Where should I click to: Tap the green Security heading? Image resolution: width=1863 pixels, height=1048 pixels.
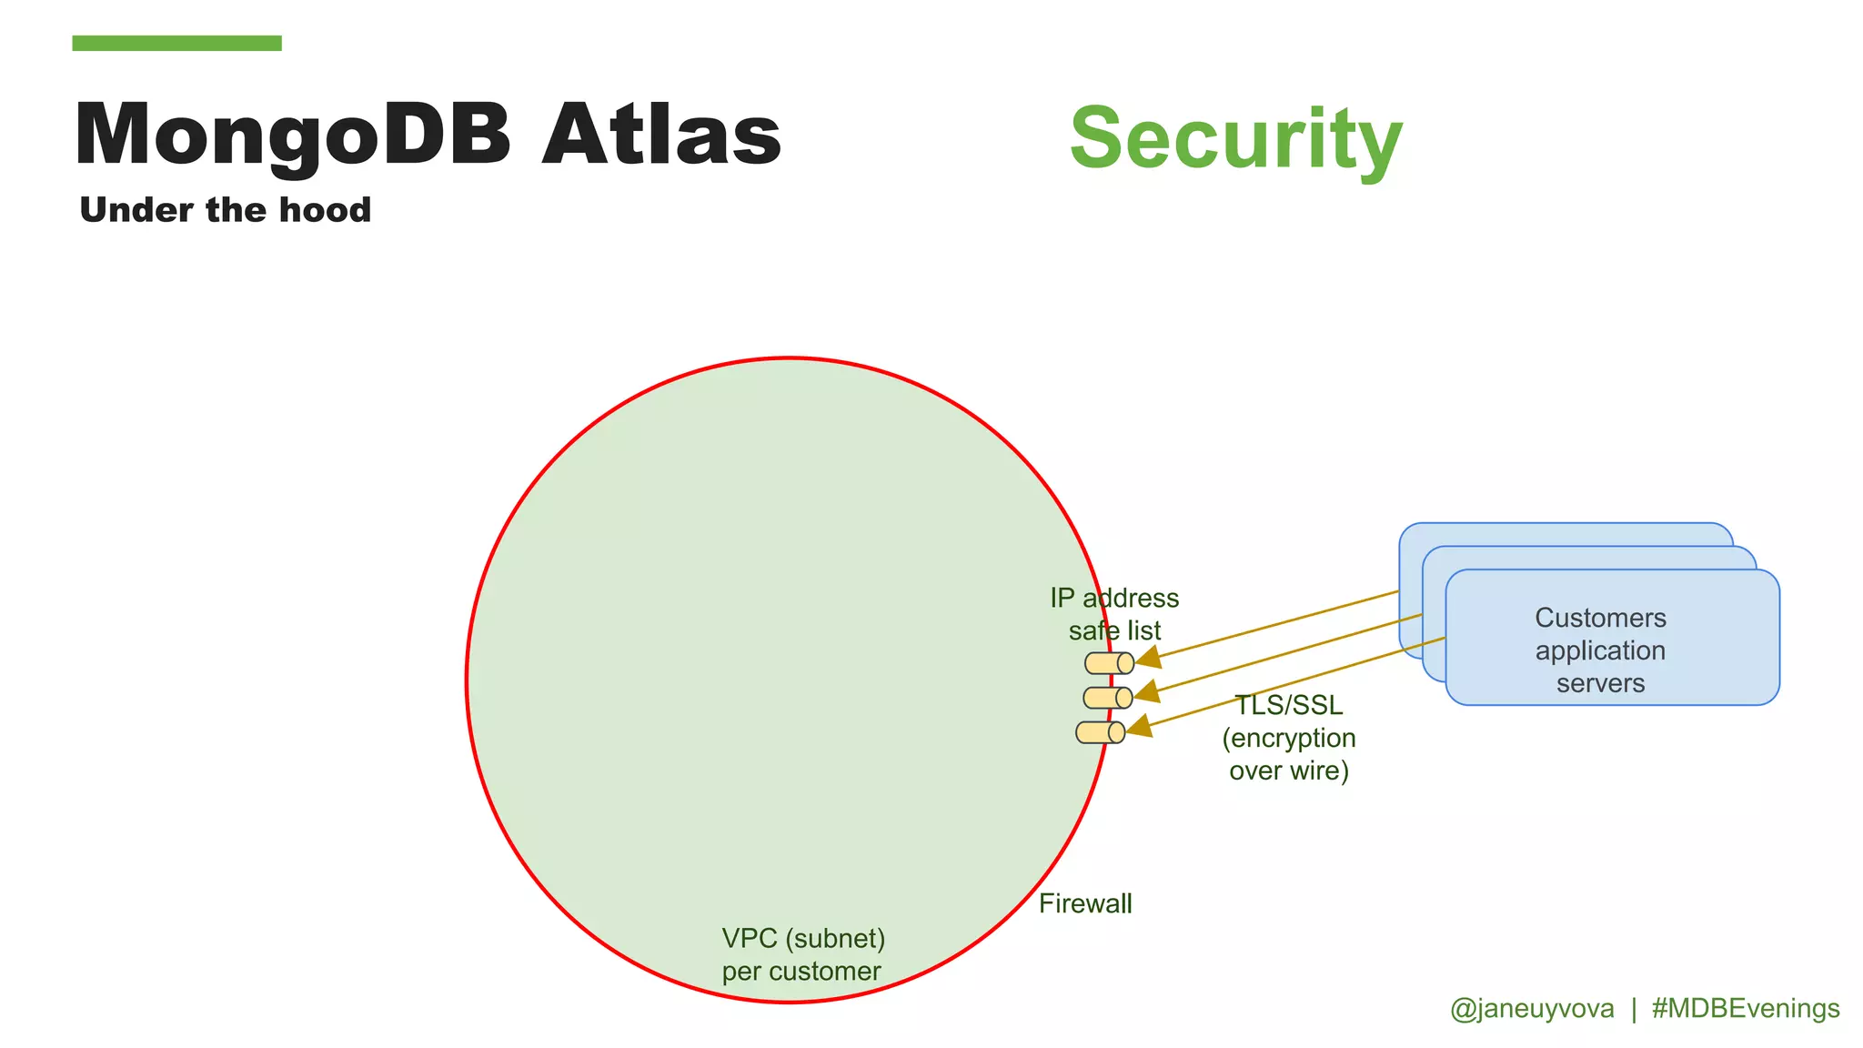[x=1235, y=139]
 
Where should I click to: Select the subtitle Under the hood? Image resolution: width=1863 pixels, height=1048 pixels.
[x=225, y=210]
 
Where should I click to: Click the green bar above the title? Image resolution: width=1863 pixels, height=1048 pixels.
[x=176, y=43]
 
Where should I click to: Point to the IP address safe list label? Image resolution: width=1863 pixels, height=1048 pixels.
[x=1114, y=614]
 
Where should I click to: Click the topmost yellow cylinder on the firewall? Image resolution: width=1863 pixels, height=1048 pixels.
[x=1109, y=663]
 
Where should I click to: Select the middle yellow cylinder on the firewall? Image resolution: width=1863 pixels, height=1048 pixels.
[x=1107, y=698]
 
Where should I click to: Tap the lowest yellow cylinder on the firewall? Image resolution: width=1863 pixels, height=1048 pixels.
[x=1100, y=732]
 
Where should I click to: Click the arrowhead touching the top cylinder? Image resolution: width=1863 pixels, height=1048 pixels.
[x=1149, y=657]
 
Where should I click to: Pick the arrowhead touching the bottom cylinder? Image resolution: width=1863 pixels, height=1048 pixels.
[x=1139, y=726]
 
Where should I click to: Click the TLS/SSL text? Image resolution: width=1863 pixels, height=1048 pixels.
[x=1288, y=706]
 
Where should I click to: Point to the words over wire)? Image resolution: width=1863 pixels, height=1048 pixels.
[x=1288, y=771]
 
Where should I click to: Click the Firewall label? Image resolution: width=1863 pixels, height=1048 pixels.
[x=1085, y=903]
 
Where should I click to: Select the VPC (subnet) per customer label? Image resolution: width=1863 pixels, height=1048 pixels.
[x=802, y=954]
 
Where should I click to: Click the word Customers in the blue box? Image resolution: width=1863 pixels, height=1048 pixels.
[x=1600, y=618]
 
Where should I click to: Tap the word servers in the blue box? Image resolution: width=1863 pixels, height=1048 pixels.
[x=1600, y=683]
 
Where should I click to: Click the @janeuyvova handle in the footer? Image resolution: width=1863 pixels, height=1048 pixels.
[x=1532, y=1009]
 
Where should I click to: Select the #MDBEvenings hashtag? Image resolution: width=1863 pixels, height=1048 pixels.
[x=1745, y=1009]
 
